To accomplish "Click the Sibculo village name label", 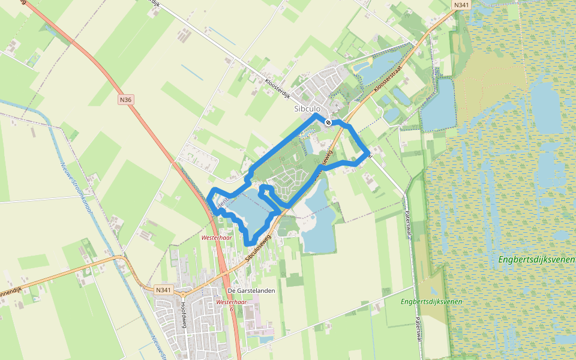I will tap(308, 109).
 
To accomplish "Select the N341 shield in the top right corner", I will tap(461, 5).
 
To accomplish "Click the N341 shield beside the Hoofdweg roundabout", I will tap(163, 290).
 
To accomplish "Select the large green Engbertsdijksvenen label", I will tap(536, 260).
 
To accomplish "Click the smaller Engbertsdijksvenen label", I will tap(432, 301).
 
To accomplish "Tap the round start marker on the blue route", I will tap(328, 122).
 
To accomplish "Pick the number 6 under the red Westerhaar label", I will tap(232, 310).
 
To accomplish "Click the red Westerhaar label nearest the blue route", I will tap(217, 238).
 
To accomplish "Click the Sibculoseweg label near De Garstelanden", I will tap(259, 247).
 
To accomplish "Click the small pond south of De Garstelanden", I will tap(265, 340).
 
